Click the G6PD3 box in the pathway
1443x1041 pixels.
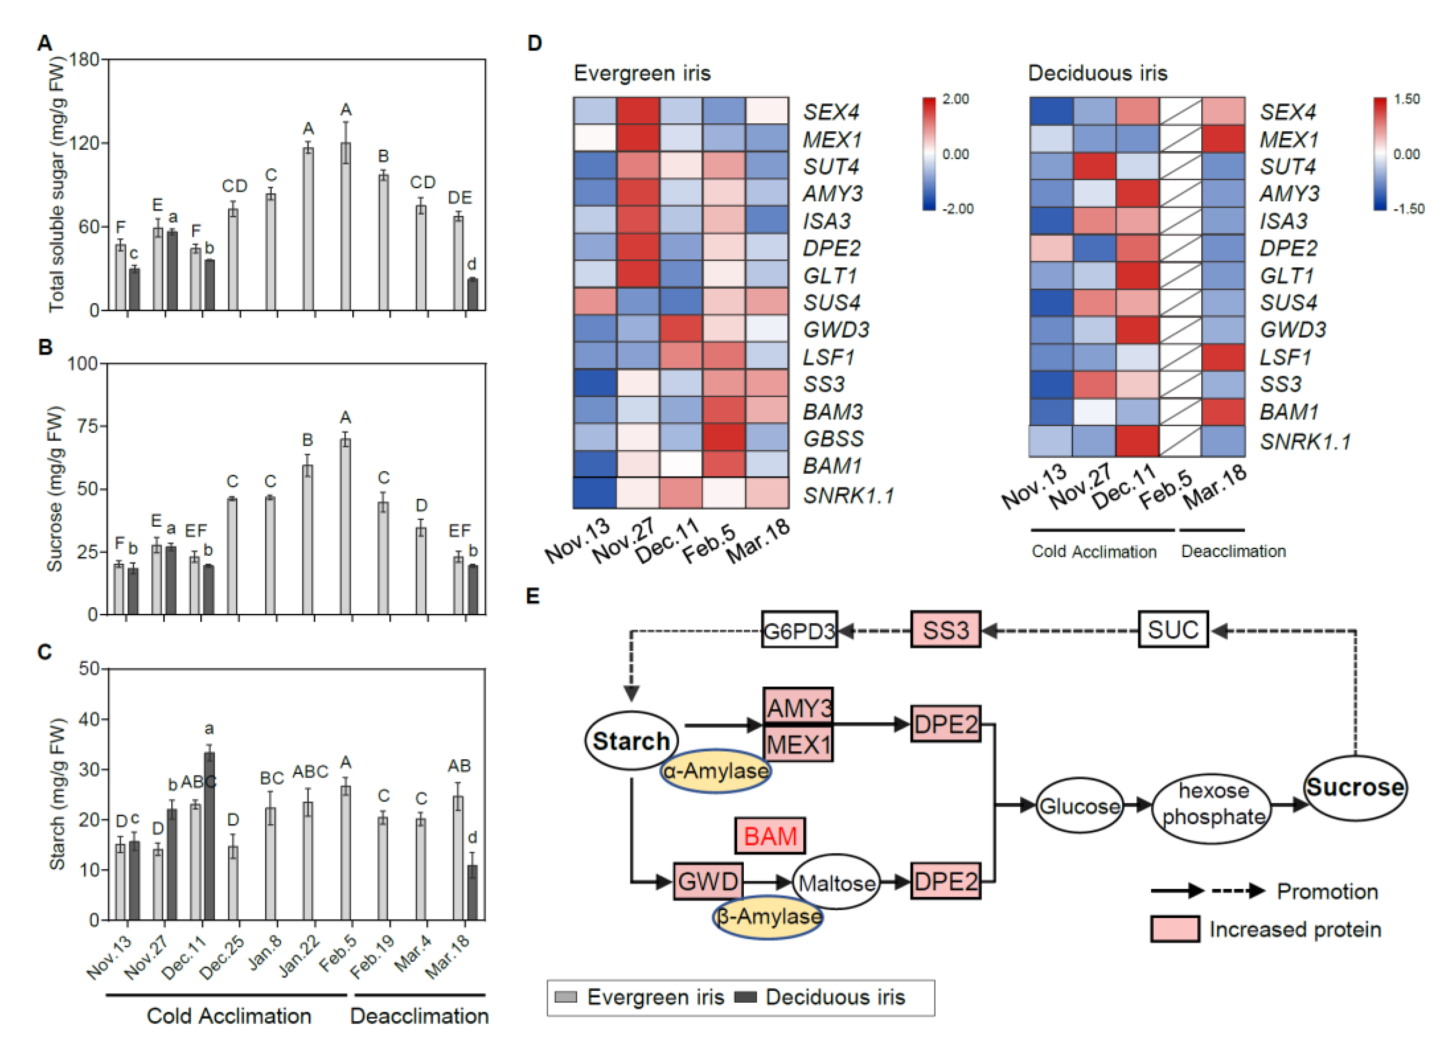coord(799,630)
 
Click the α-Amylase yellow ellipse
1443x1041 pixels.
coord(715,771)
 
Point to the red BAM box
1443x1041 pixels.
coord(770,835)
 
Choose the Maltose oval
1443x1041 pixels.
coord(837,882)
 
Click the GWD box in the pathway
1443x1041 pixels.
coord(708,881)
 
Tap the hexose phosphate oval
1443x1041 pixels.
coord(1213,804)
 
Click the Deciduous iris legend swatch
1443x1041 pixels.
coord(745,997)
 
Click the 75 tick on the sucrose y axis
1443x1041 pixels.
coord(83,426)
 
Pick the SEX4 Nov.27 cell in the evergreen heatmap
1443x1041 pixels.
coord(638,111)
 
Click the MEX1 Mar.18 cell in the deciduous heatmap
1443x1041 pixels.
coord(1223,139)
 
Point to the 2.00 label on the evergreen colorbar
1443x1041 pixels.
coord(956,99)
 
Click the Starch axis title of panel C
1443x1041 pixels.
coord(57,794)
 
